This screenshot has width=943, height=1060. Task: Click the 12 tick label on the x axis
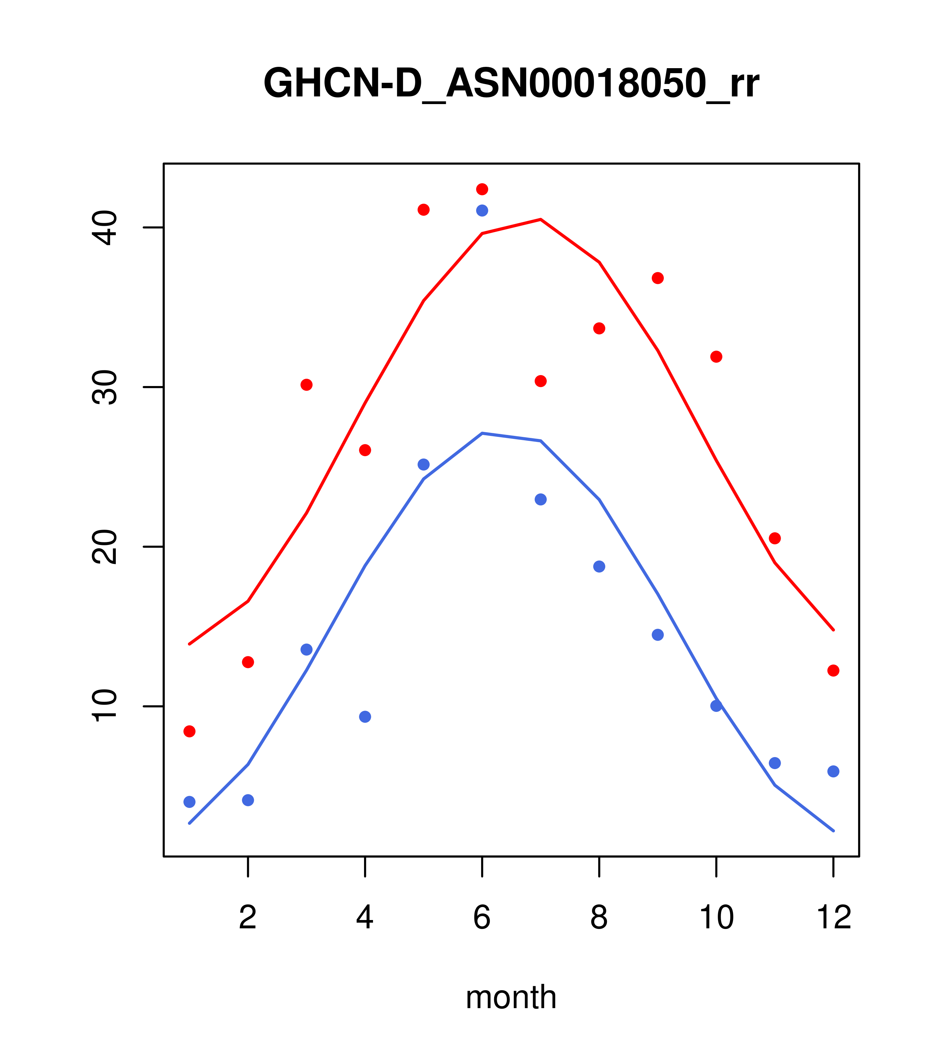pyautogui.click(x=834, y=917)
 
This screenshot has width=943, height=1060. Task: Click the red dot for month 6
pyautogui.click(x=482, y=189)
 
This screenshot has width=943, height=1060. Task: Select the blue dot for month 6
pyautogui.click(x=482, y=210)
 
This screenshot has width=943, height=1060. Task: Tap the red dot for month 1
pyautogui.click(x=189, y=731)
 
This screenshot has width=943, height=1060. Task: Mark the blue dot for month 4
pyautogui.click(x=365, y=717)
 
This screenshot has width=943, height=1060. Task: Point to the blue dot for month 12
pyautogui.click(x=834, y=772)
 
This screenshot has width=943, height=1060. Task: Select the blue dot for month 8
pyautogui.click(x=599, y=566)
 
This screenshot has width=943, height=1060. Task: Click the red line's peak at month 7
pyautogui.click(x=540, y=219)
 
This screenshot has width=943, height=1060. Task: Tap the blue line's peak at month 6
pyautogui.click(x=482, y=433)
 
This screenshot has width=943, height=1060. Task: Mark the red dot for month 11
pyautogui.click(x=775, y=538)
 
